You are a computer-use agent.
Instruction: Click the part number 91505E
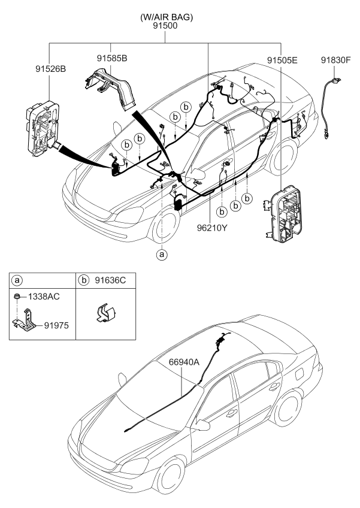pos(282,60)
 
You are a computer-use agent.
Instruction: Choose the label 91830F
pos(335,60)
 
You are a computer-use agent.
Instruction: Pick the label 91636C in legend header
pos(109,279)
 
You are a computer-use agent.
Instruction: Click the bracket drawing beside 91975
pos(26,320)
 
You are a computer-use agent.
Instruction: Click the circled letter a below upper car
pos(162,253)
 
